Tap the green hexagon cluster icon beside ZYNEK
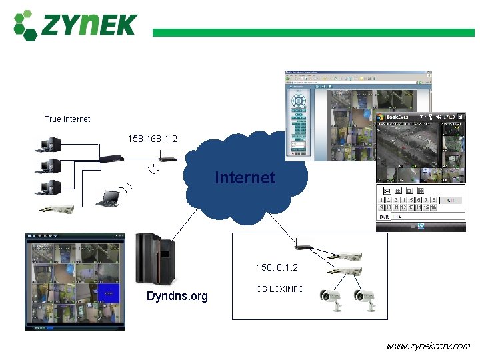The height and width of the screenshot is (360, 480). coord(25,25)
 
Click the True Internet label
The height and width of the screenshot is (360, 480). coord(67,119)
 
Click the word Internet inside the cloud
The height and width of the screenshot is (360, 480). coord(245,177)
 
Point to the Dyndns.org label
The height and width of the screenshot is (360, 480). coord(177,296)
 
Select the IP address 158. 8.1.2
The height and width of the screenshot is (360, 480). coord(277,267)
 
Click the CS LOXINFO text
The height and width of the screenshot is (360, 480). coord(279,289)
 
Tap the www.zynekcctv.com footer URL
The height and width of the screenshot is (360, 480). coord(427,346)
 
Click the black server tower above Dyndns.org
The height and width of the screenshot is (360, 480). coord(155,259)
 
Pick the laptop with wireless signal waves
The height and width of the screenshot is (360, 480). coord(108,198)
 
